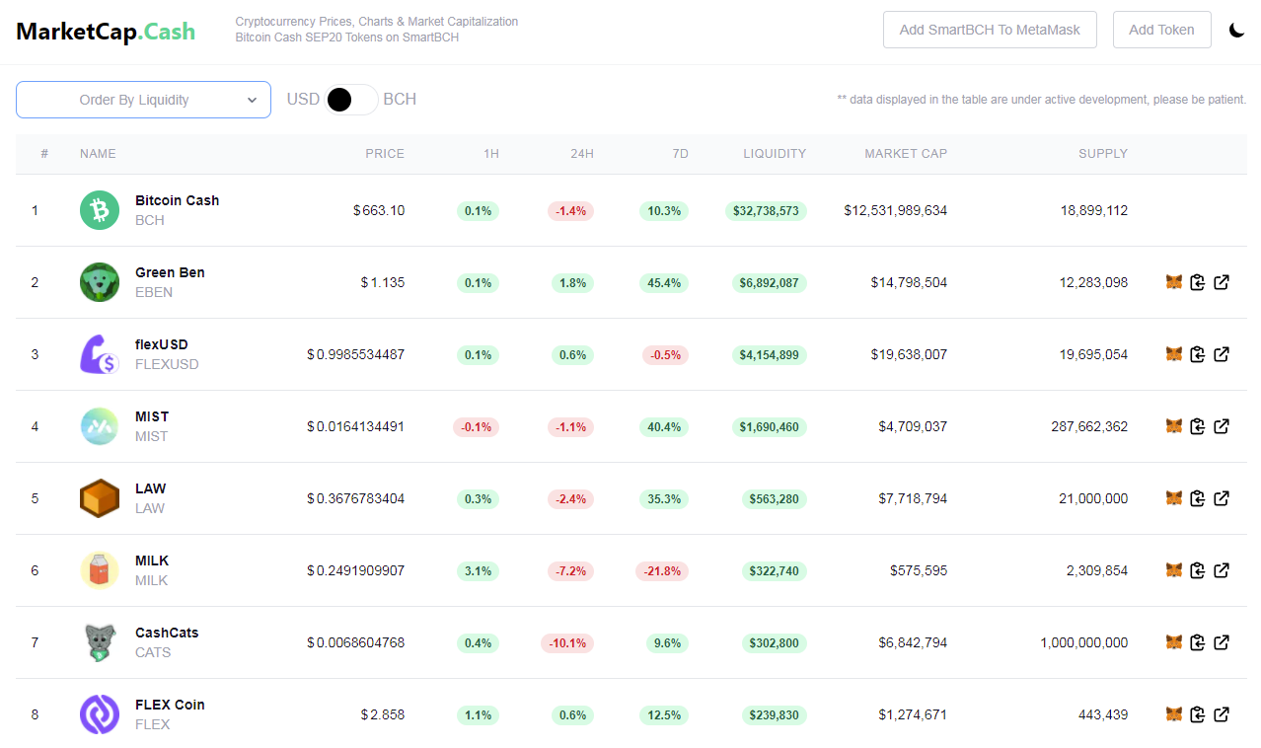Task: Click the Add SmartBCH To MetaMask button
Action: (x=990, y=30)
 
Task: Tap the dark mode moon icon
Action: (x=1236, y=30)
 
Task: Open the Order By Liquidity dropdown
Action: (x=143, y=100)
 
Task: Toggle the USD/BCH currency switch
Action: (x=350, y=100)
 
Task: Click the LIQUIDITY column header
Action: (x=775, y=154)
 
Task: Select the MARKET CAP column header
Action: (x=906, y=154)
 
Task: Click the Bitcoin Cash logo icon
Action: (x=100, y=210)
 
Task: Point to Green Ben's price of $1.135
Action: (x=383, y=282)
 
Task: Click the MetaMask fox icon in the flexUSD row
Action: (x=1174, y=354)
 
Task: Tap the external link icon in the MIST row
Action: (x=1221, y=426)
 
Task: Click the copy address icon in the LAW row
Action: (x=1198, y=498)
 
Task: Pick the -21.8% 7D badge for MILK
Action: (x=662, y=571)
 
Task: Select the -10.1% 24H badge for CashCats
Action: (x=567, y=643)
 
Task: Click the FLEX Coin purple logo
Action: (x=100, y=714)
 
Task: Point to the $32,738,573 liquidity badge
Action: (x=766, y=211)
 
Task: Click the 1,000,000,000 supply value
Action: (x=1084, y=642)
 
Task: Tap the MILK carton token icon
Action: (x=100, y=570)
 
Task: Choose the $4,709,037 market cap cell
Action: (x=913, y=426)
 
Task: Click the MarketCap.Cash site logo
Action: (x=106, y=32)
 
